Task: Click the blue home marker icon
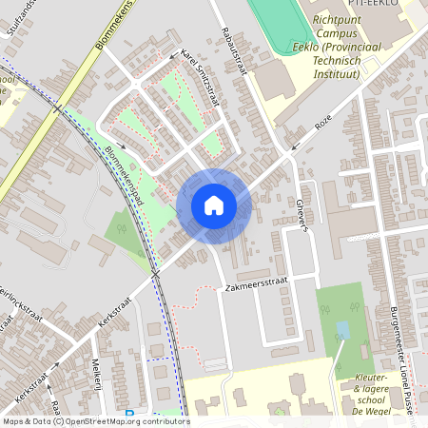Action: (x=214, y=205)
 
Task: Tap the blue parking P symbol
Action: (x=129, y=414)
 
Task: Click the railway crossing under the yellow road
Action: (x=58, y=107)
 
